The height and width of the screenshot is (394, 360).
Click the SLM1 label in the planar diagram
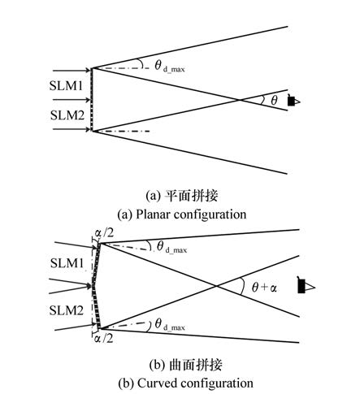[66, 86]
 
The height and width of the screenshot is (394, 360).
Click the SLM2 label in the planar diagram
[67, 115]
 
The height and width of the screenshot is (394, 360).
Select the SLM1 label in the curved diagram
[67, 263]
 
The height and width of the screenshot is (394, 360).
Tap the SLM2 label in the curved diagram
[66, 310]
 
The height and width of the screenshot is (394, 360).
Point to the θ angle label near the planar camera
[274, 101]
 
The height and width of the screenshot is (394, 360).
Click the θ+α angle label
[264, 288]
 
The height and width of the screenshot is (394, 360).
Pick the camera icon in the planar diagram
[294, 101]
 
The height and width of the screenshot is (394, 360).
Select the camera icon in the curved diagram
[306, 285]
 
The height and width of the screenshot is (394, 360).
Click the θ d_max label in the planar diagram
[170, 67]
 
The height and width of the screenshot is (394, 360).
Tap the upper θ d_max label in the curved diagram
[171, 248]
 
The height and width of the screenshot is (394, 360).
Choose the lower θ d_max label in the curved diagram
[170, 325]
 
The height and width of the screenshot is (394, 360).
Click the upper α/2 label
[104, 233]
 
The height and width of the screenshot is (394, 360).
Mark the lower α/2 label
[103, 339]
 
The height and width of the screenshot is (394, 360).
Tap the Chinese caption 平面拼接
[192, 196]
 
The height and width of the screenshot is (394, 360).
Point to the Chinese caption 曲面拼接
[196, 365]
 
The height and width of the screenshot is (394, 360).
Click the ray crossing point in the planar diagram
[240, 100]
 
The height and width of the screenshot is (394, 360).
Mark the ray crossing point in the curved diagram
[216, 286]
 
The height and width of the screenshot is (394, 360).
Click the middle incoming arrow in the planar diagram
[72, 100]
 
